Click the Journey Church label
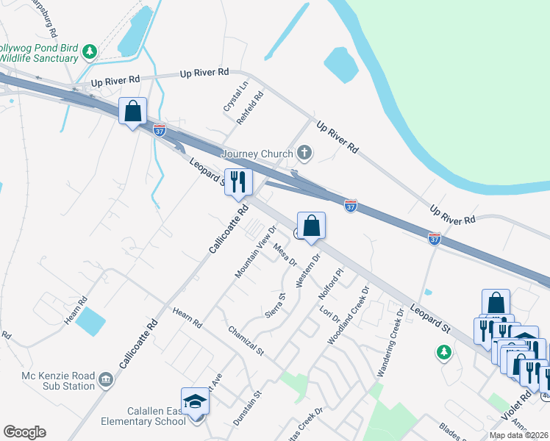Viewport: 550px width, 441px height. pos(257,154)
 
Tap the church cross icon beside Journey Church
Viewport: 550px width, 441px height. pos(304,154)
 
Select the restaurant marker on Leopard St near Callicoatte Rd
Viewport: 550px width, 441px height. pos(238,182)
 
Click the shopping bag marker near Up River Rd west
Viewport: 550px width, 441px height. pos(133,112)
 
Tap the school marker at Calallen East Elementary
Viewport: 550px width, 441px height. pos(195,401)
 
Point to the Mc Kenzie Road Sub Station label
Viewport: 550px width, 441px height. pos(48,380)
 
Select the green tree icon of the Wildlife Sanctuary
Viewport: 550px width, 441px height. pos(90,51)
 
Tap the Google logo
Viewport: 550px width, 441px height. pos(24,432)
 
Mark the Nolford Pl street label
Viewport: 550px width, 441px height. pos(332,284)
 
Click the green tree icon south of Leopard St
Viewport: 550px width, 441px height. pos(443,353)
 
